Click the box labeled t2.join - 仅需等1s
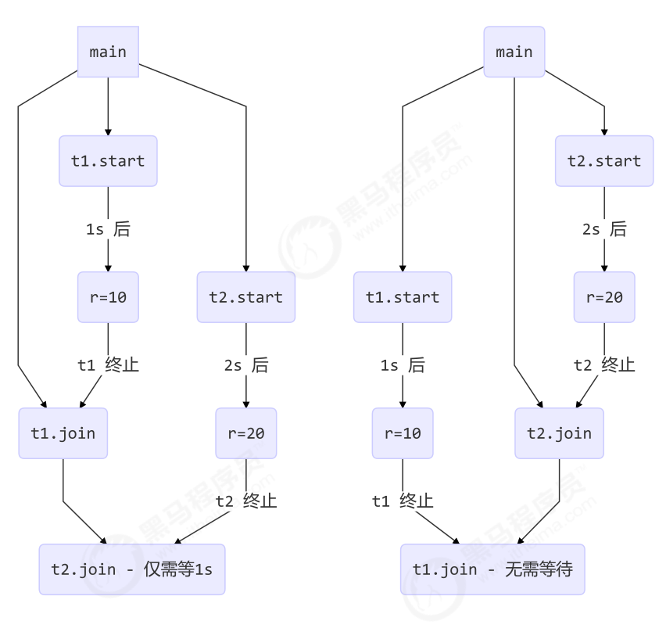tap(132, 569)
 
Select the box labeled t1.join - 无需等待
tap(492, 569)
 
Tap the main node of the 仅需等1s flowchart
tap(108, 52)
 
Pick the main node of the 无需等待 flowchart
tap(514, 52)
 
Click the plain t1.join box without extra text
tap(63, 433)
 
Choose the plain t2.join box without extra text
tap(559, 433)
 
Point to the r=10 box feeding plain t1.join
tap(108, 297)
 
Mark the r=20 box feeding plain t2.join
tap(604, 297)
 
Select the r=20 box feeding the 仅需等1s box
tap(246, 433)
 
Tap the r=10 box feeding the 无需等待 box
tap(403, 433)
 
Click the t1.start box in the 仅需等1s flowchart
tap(108, 161)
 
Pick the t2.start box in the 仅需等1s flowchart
tap(246, 297)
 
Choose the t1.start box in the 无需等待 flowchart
tap(403, 297)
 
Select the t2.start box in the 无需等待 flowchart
tap(604, 161)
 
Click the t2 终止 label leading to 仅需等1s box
tap(246, 501)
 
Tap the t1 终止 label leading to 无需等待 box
tap(403, 501)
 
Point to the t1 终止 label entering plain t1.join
tap(108, 365)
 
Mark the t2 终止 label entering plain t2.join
tap(604, 365)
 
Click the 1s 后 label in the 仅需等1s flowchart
tap(108, 229)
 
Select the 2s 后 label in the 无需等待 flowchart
tap(604, 229)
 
